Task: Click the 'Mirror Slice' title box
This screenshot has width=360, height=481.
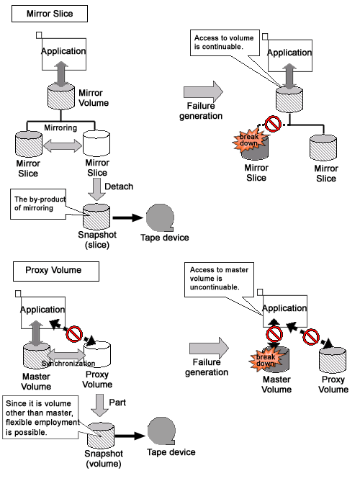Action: point(50,14)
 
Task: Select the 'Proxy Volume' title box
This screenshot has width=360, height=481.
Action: point(56,271)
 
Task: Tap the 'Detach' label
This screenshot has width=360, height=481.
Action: point(119,186)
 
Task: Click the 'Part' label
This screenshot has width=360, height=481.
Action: point(117,403)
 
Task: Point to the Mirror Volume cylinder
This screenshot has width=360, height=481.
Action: point(61,96)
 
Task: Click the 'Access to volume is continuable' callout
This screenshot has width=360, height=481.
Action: point(225,42)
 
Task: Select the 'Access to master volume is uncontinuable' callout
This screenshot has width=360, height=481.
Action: point(219,279)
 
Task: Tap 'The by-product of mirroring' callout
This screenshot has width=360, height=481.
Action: point(38,204)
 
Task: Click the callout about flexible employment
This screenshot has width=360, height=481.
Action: point(40,417)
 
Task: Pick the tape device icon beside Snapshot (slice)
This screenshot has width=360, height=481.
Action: point(160,217)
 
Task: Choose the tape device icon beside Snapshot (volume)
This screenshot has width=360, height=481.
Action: point(161,431)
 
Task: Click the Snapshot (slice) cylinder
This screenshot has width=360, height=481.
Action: point(96,216)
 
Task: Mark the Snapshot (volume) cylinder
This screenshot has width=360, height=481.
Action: point(101,435)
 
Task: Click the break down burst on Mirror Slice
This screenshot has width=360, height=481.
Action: point(249,140)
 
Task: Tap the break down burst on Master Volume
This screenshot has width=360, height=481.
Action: point(266,360)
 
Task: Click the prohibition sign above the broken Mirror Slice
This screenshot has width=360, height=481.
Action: point(273,124)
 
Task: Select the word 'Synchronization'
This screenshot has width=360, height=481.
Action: point(68,364)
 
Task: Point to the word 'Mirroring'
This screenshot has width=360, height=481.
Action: point(60,127)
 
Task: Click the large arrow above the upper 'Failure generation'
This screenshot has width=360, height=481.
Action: point(203,91)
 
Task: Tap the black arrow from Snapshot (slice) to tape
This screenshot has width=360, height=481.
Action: point(128,217)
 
